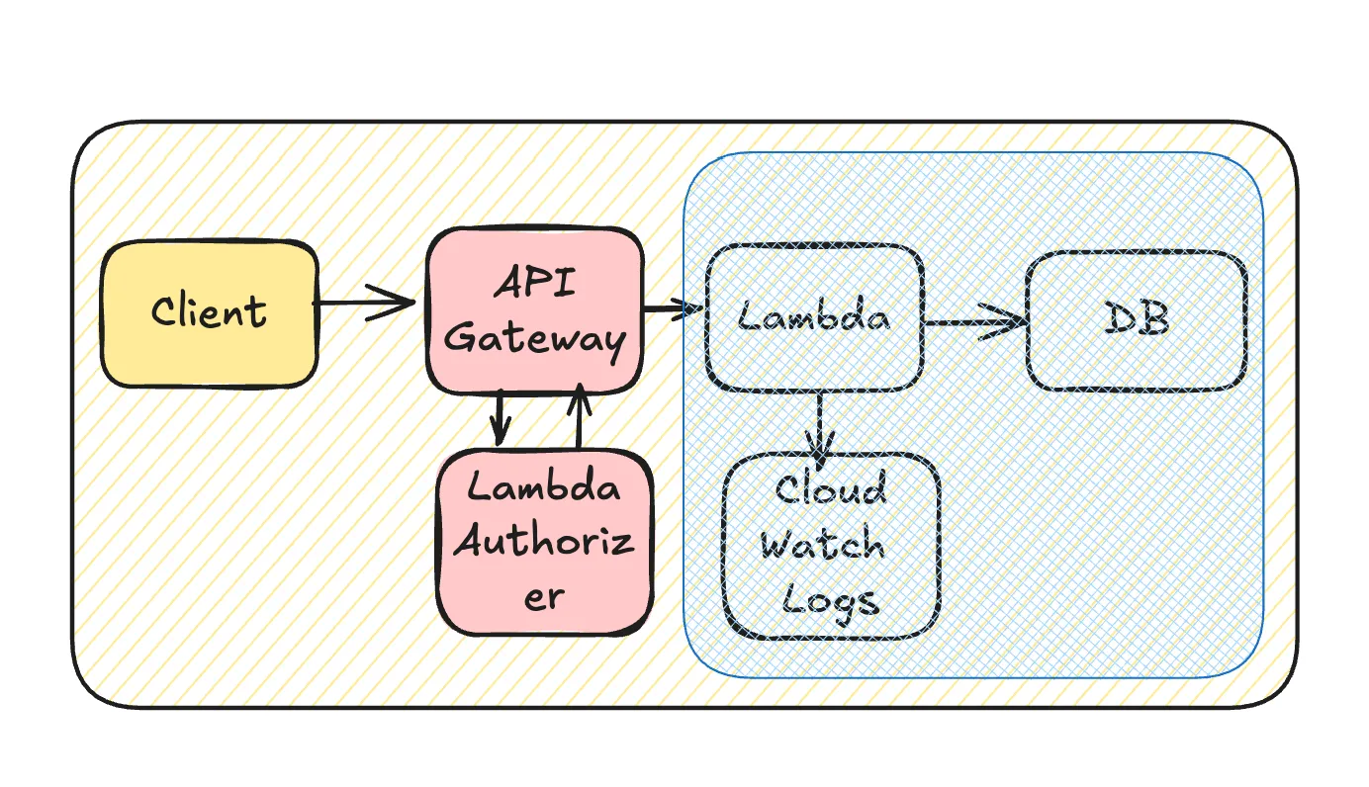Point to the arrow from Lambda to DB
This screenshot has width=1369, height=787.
pyautogui.click(x=974, y=322)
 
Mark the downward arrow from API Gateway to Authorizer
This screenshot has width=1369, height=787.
pyautogui.click(x=500, y=417)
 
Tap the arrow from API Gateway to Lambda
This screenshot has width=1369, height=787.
pyautogui.click(x=673, y=310)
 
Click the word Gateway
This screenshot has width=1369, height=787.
pyautogui.click(x=535, y=339)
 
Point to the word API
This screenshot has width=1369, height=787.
pyautogui.click(x=534, y=285)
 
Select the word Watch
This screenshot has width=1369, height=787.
pyautogui.click(x=823, y=544)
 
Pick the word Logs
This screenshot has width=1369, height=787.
pyautogui.click(x=829, y=599)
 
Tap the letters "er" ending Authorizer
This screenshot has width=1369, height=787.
pyautogui.click(x=544, y=596)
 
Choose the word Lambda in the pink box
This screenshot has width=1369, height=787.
pyautogui.click(x=544, y=487)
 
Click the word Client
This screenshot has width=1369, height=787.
pyautogui.click(x=210, y=311)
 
